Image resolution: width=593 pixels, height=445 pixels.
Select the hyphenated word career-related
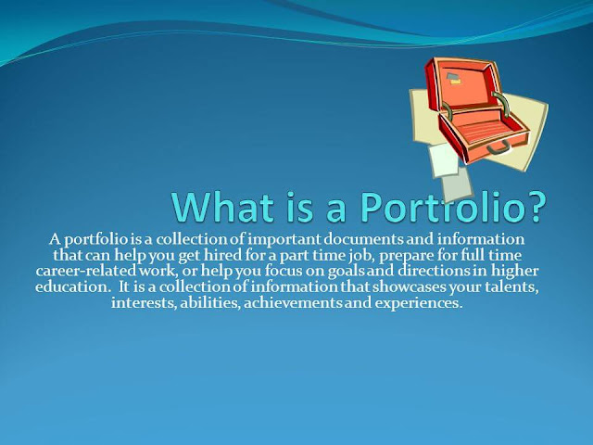click(x=86, y=271)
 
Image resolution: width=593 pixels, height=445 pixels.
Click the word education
click(x=72, y=286)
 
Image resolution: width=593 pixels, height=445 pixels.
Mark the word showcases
click(x=410, y=287)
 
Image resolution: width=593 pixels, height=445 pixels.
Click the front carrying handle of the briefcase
click(x=498, y=148)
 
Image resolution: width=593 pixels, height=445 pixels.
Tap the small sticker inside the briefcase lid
click(x=454, y=78)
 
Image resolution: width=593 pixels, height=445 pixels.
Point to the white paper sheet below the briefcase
click(x=443, y=160)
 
